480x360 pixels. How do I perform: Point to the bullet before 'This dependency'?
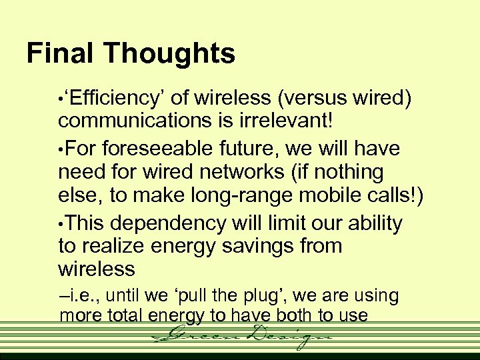tap(62, 223)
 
